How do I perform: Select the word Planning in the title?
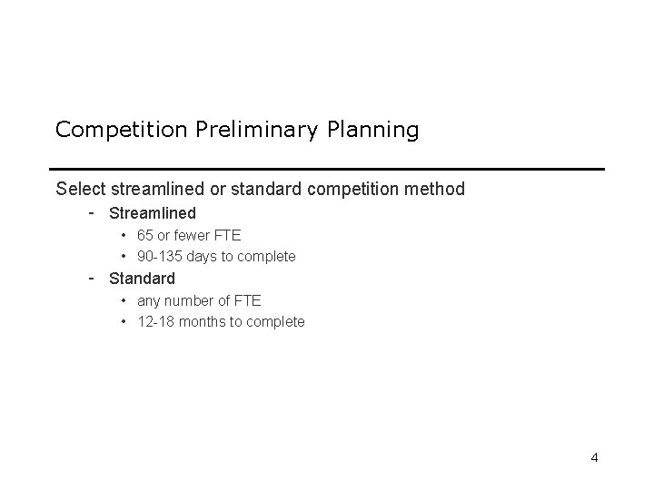pos(372,130)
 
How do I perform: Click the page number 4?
pos(594,457)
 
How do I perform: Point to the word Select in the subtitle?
pos(79,190)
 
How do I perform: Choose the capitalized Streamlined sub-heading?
pos(152,214)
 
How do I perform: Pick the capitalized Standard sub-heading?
pos(142,279)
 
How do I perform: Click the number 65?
pos(145,236)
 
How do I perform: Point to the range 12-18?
pos(156,322)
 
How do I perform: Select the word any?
pos(148,300)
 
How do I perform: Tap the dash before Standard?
pos(93,278)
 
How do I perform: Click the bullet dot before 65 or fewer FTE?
pos(124,236)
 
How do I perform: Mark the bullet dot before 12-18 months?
pos(124,322)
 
